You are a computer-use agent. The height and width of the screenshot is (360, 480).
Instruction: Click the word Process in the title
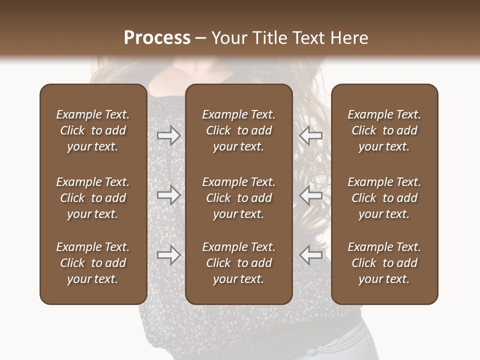pos(157,38)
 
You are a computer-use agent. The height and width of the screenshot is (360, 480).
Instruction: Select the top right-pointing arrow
pos(169,135)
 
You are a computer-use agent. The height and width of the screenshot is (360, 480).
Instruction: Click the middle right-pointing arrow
pos(169,195)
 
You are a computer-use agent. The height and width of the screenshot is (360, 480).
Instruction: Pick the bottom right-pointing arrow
pos(169,255)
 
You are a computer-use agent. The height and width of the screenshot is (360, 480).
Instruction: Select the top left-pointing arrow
pos(310,135)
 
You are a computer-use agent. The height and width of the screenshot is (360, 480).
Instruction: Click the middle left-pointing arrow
pos(310,195)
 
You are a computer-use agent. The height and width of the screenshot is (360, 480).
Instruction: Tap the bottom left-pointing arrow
pos(310,255)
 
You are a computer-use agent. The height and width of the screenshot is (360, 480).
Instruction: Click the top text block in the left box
pos(93,130)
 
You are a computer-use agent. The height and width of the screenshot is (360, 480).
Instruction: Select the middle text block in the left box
pos(93,198)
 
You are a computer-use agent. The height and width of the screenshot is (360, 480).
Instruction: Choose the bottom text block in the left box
pos(93,263)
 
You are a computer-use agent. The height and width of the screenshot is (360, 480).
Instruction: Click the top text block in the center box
pos(238,130)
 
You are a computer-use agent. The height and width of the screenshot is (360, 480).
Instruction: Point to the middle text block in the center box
pos(238,198)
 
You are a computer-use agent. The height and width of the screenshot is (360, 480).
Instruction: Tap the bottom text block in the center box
pos(238,263)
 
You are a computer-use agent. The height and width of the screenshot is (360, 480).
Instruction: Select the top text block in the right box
pos(384,130)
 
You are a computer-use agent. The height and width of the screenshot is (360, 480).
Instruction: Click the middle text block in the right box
pos(384,198)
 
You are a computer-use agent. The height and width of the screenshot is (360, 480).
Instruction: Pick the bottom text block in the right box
pos(384,263)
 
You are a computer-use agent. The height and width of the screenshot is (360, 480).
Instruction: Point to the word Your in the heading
pos(228,38)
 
